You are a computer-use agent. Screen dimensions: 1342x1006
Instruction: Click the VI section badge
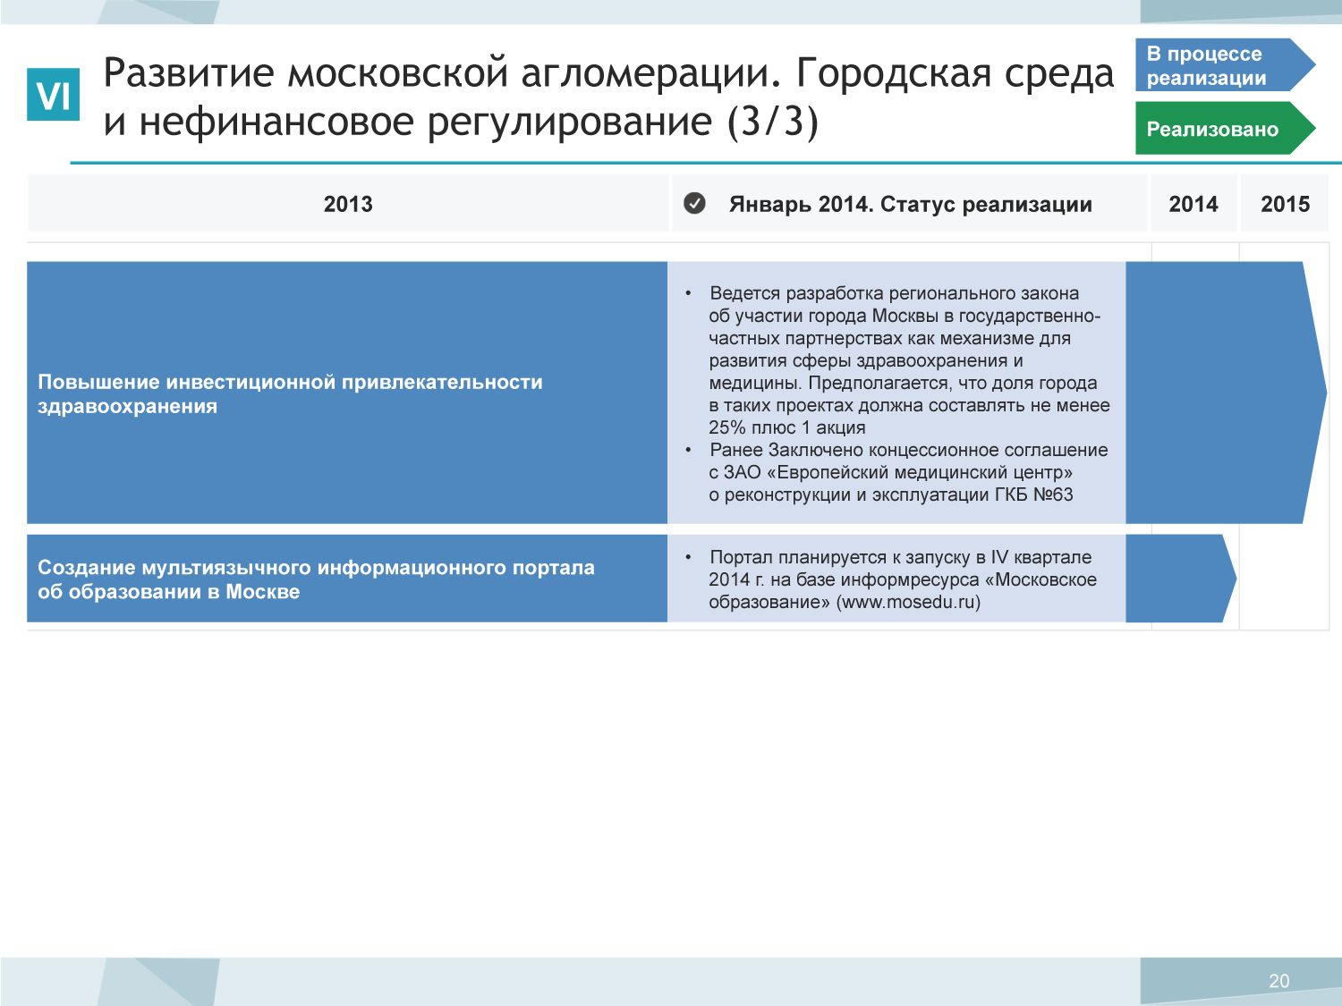pos(53,94)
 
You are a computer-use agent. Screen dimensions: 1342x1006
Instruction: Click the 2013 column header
pos(348,204)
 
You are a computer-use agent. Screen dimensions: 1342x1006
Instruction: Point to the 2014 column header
pos(1193,204)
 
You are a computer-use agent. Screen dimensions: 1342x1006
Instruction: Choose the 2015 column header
pos(1285,204)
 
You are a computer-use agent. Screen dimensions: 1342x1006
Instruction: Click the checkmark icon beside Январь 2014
pos(694,203)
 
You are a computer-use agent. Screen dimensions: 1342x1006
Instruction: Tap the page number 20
pos(1278,980)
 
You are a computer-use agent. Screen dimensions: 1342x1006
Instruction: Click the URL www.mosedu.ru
pos(908,602)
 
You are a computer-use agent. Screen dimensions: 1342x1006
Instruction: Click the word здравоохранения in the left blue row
pos(127,407)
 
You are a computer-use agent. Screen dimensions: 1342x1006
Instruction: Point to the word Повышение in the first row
pos(98,382)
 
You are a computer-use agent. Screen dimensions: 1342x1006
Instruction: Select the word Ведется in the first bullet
pos(744,293)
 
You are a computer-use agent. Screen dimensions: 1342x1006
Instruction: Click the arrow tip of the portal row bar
pos(1236,578)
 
